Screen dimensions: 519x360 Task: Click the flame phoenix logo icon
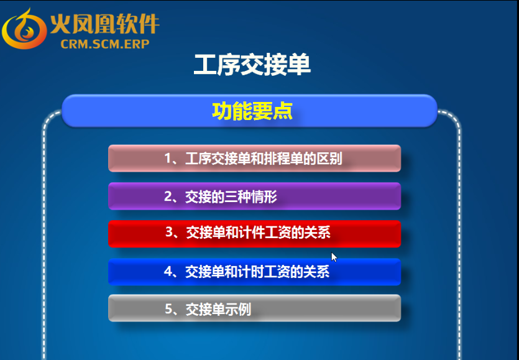24,29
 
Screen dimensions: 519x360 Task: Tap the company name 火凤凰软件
105,24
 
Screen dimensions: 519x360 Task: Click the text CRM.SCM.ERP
105,44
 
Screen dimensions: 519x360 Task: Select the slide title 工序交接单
252,64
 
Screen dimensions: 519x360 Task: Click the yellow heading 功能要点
252,111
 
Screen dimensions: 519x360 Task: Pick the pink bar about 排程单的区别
255,159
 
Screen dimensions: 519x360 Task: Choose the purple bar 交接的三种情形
255,196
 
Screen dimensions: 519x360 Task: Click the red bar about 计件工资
255,234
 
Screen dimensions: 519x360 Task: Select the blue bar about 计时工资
255,272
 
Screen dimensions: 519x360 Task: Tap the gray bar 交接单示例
255,308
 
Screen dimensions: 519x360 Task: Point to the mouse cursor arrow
334,257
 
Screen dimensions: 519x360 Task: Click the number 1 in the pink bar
168,159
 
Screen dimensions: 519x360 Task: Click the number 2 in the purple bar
168,196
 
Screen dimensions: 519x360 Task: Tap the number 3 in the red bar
169,232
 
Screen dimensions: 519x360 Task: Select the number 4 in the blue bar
168,272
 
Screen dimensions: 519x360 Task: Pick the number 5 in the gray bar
168,309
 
